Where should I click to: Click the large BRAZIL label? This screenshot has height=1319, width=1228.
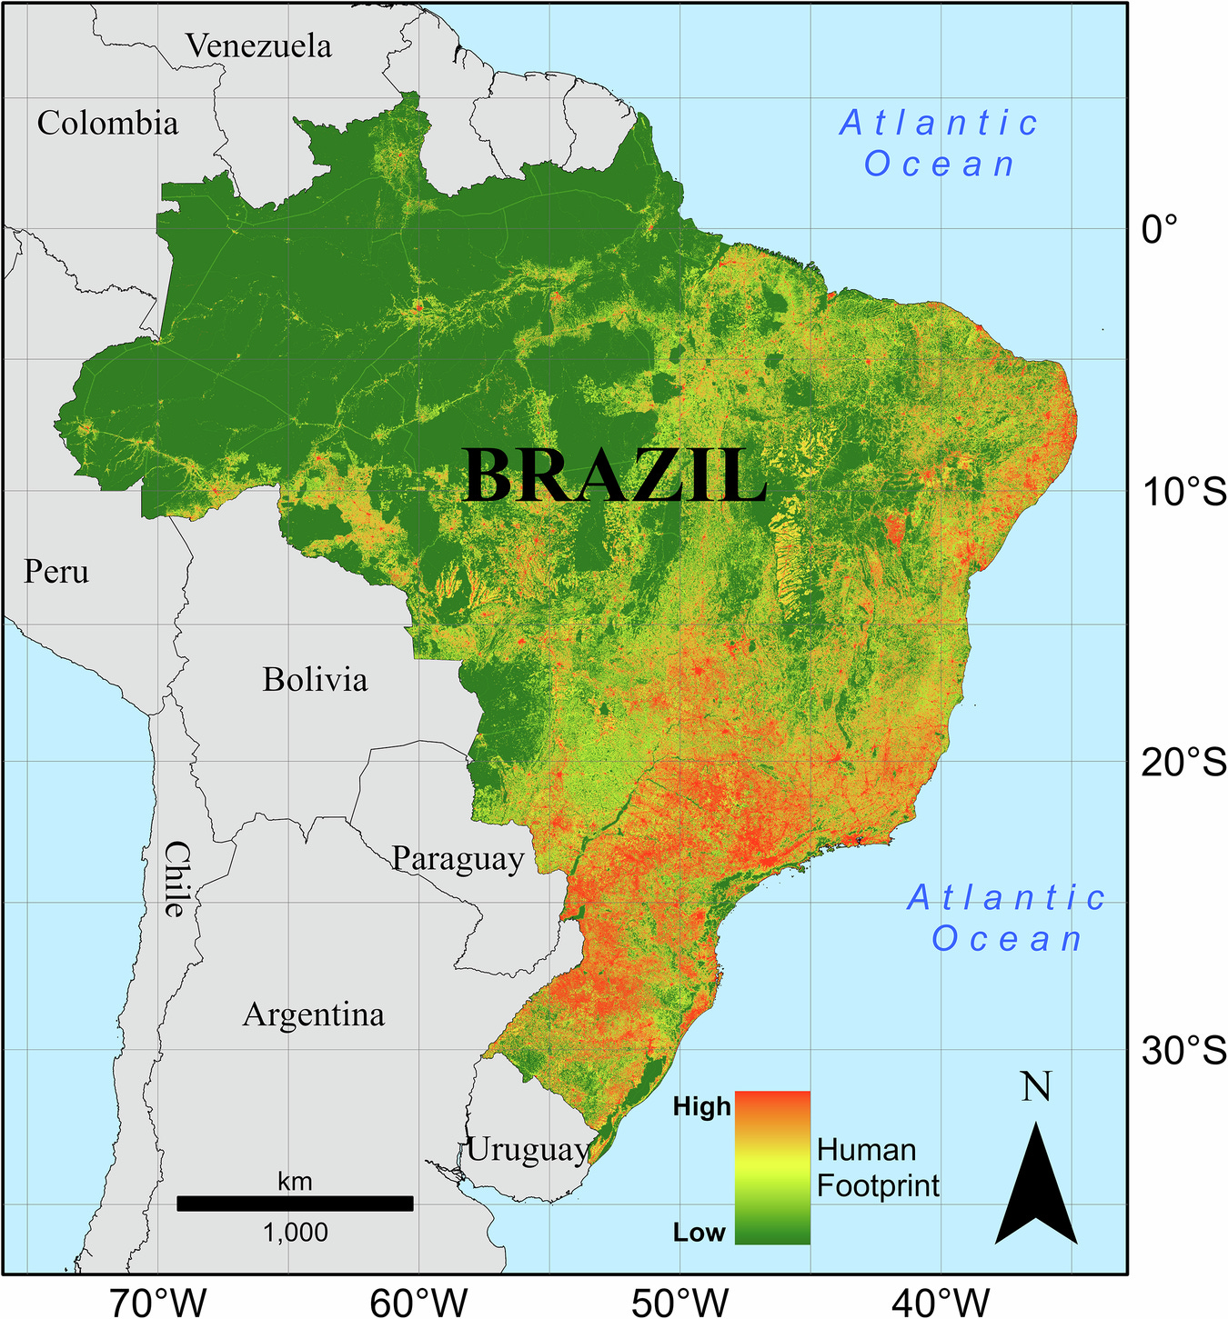[x=615, y=475]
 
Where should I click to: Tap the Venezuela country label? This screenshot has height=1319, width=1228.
[x=259, y=45]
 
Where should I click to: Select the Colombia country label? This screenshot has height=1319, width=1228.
[x=107, y=123]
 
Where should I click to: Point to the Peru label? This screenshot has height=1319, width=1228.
[x=56, y=572]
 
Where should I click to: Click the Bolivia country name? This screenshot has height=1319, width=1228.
[x=315, y=679]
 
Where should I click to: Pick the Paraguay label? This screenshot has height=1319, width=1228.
[x=458, y=858]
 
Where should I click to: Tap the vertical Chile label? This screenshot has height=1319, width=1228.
[x=176, y=878]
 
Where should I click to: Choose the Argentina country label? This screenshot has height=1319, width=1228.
[x=313, y=1014]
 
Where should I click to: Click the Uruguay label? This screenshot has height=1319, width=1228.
[x=528, y=1150]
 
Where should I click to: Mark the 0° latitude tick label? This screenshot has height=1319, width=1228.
[x=1160, y=229]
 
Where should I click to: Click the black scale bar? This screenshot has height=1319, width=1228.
[x=295, y=1204]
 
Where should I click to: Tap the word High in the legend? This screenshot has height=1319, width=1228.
[x=701, y=1106]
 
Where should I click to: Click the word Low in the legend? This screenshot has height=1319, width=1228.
[x=699, y=1233]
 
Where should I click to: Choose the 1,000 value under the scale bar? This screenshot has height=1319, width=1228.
[x=295, y=1233]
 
